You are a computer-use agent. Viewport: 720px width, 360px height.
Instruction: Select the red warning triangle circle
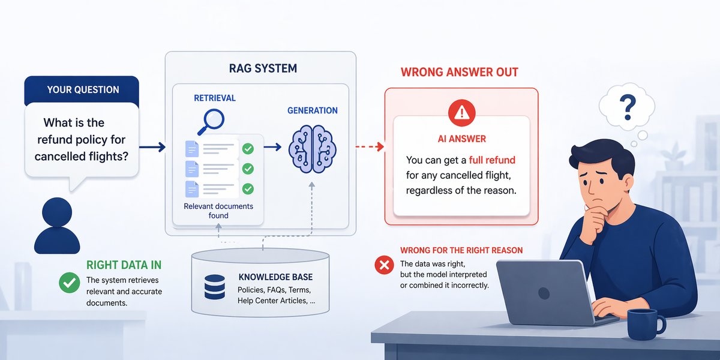(461, 112)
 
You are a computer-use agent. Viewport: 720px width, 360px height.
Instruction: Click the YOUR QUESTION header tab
(83, 90)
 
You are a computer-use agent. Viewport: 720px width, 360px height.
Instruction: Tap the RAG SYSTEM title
(262, 68)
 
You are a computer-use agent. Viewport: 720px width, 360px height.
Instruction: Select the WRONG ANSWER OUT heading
(460, 73)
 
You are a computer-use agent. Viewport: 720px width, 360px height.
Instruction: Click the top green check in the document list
(247, 148)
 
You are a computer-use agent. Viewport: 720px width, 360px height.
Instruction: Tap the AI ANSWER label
(461, 139)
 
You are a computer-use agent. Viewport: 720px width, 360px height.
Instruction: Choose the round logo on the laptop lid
(544, 293)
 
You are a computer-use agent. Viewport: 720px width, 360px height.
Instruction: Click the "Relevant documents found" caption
(218, 211)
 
